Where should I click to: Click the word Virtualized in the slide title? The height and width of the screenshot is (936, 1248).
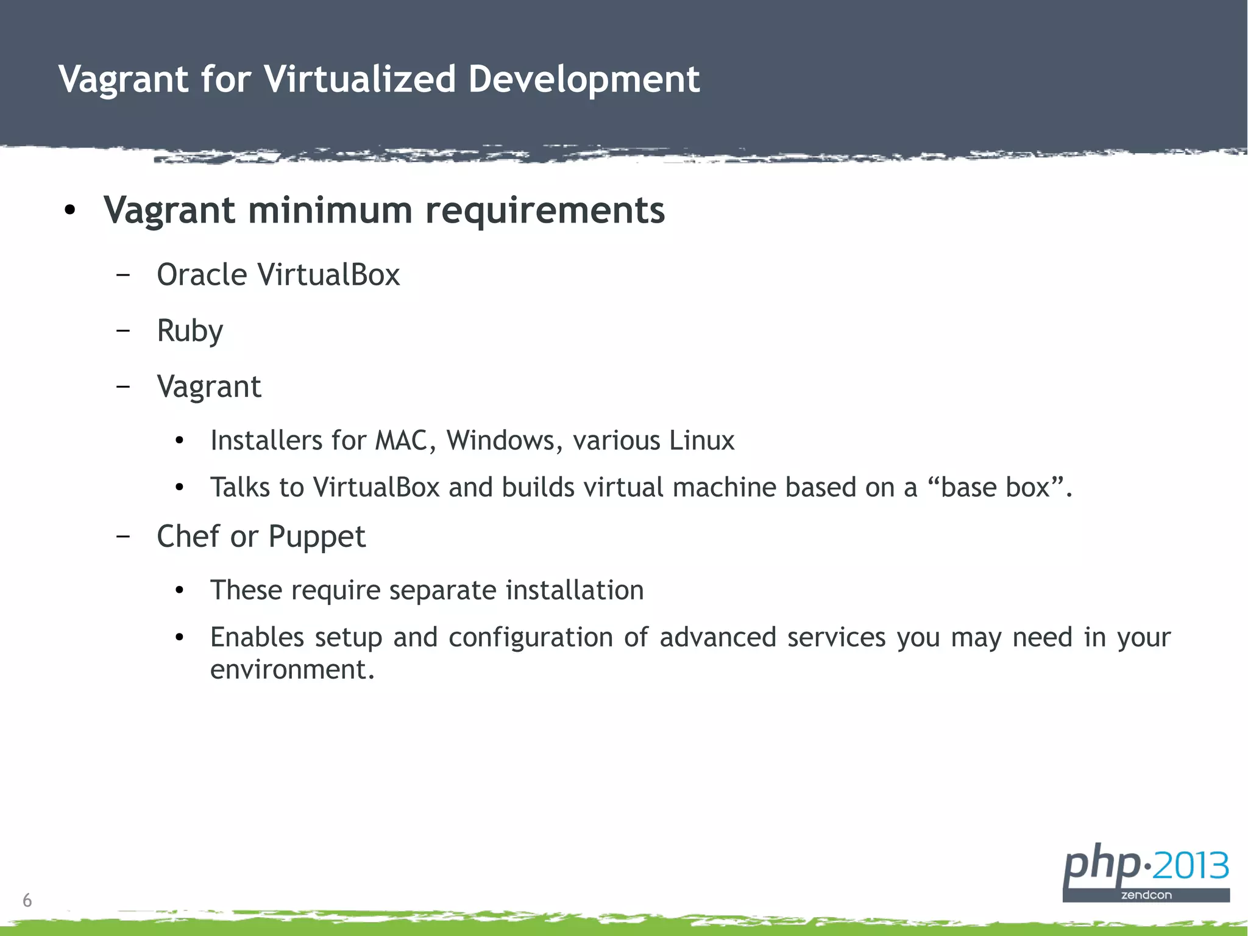click(x=360, y=79)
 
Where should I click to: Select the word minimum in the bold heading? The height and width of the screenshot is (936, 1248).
click(x=330, y=210)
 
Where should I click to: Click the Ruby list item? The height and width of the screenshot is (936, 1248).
click(x=190, y=331)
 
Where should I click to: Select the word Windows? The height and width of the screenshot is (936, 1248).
click(x=500, y=440)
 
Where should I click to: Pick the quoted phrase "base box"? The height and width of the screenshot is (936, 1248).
click(x=997, y=487)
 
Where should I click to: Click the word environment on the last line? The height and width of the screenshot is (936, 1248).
click(x=291, y=670)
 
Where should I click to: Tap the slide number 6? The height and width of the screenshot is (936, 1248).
click(x=27, y=900)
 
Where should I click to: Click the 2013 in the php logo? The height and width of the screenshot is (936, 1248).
click(x=1191, y=865)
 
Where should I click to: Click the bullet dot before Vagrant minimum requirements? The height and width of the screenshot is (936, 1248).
click(x=70, y=210)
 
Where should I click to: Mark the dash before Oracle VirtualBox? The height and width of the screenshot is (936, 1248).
click(x=123, y=275)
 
